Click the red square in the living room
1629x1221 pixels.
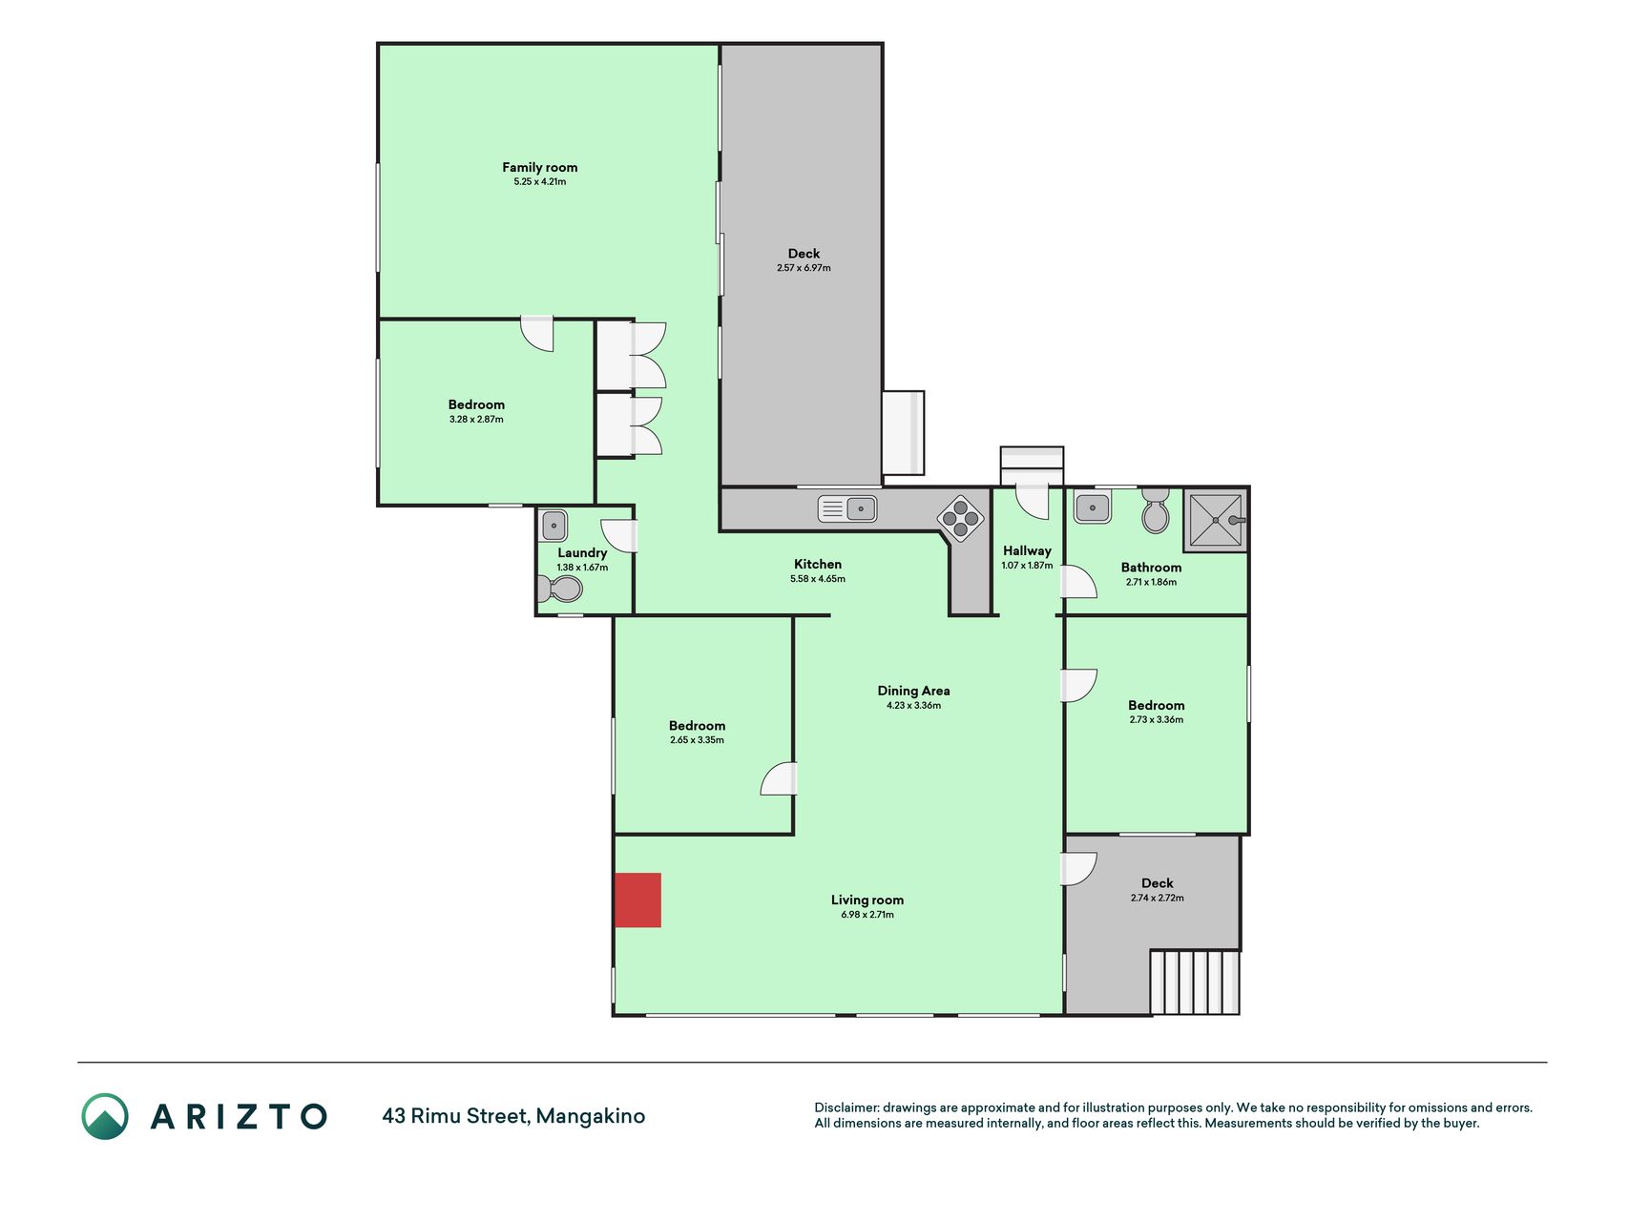coord(637,900)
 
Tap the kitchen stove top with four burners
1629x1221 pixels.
coord(960,519)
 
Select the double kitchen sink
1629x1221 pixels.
coord(847,508)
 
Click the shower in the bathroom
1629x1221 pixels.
coord(1216,520)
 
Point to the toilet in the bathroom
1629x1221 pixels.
coord(1156,511)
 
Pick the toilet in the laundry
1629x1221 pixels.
coord(560,589)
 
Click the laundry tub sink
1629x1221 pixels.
coord(553,526)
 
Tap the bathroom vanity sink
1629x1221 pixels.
coord(1093,507)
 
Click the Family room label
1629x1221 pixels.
coord(540,167)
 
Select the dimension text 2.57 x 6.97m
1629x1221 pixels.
coord(804,268)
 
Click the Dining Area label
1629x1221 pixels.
coord(913,691)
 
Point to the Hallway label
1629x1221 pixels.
coord(1027,550)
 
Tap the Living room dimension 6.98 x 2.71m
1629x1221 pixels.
coord(867,915)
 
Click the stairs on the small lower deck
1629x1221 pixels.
coord(1195,982)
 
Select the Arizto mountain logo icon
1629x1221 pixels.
coord(105,1116)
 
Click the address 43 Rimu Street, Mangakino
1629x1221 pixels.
coord(513,1116)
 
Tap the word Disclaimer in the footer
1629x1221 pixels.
coord(846,1107)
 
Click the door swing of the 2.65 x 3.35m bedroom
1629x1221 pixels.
coord(778,778)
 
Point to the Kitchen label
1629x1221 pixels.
coord(818,564)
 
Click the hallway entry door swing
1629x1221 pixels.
coord(1032,501)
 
